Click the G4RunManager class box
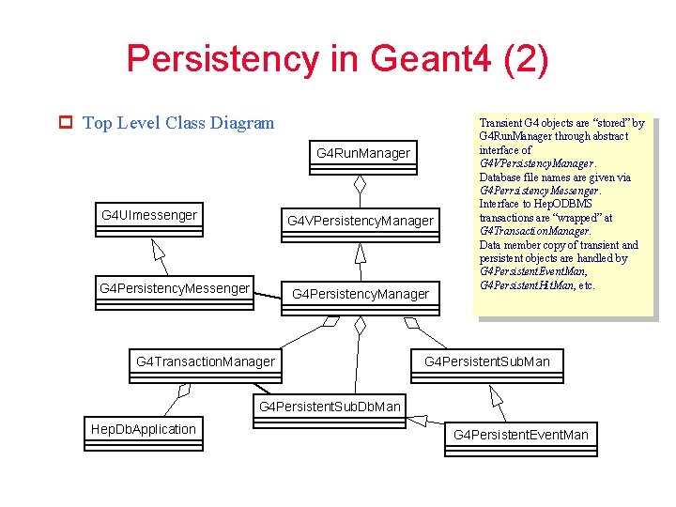click(362, 153)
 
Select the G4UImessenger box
click(149, 216)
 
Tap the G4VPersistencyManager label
click(361, 221)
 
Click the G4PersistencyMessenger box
click(175, 288)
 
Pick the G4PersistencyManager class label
click(361, 294)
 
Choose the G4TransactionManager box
click(206, 361)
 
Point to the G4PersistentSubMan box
click(487, 361)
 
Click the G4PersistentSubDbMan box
click(330, 407)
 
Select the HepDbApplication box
click(144, 429)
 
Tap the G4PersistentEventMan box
click(521, 434)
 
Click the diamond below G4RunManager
click(360, 182)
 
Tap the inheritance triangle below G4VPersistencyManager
click(360, 252)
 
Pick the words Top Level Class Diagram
click(178, 123)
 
